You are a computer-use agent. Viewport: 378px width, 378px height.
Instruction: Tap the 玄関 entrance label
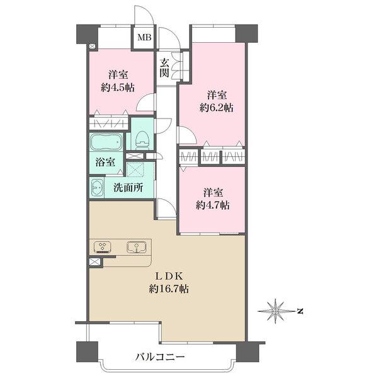pos(164,67)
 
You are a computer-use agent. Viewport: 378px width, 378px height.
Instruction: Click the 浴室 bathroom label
pos(105,162)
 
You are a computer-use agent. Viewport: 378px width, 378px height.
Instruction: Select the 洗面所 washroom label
pos(128,187)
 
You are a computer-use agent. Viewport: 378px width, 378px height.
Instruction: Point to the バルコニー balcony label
pos(160,357)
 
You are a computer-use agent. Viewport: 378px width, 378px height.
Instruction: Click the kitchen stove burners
pos(102,246)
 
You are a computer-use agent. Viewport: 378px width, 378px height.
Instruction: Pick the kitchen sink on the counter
pos(135,246)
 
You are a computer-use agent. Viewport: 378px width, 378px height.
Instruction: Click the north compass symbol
pos(275,310)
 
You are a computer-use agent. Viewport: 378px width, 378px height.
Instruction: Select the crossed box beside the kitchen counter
pos(94,261)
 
